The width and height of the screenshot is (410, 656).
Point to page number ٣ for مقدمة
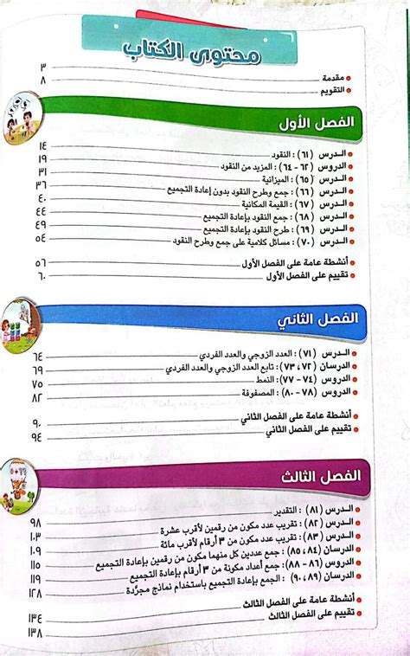click(42, 66)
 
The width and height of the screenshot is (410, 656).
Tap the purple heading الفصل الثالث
click(330, 475)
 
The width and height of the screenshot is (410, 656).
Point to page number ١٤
click(42, 145)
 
